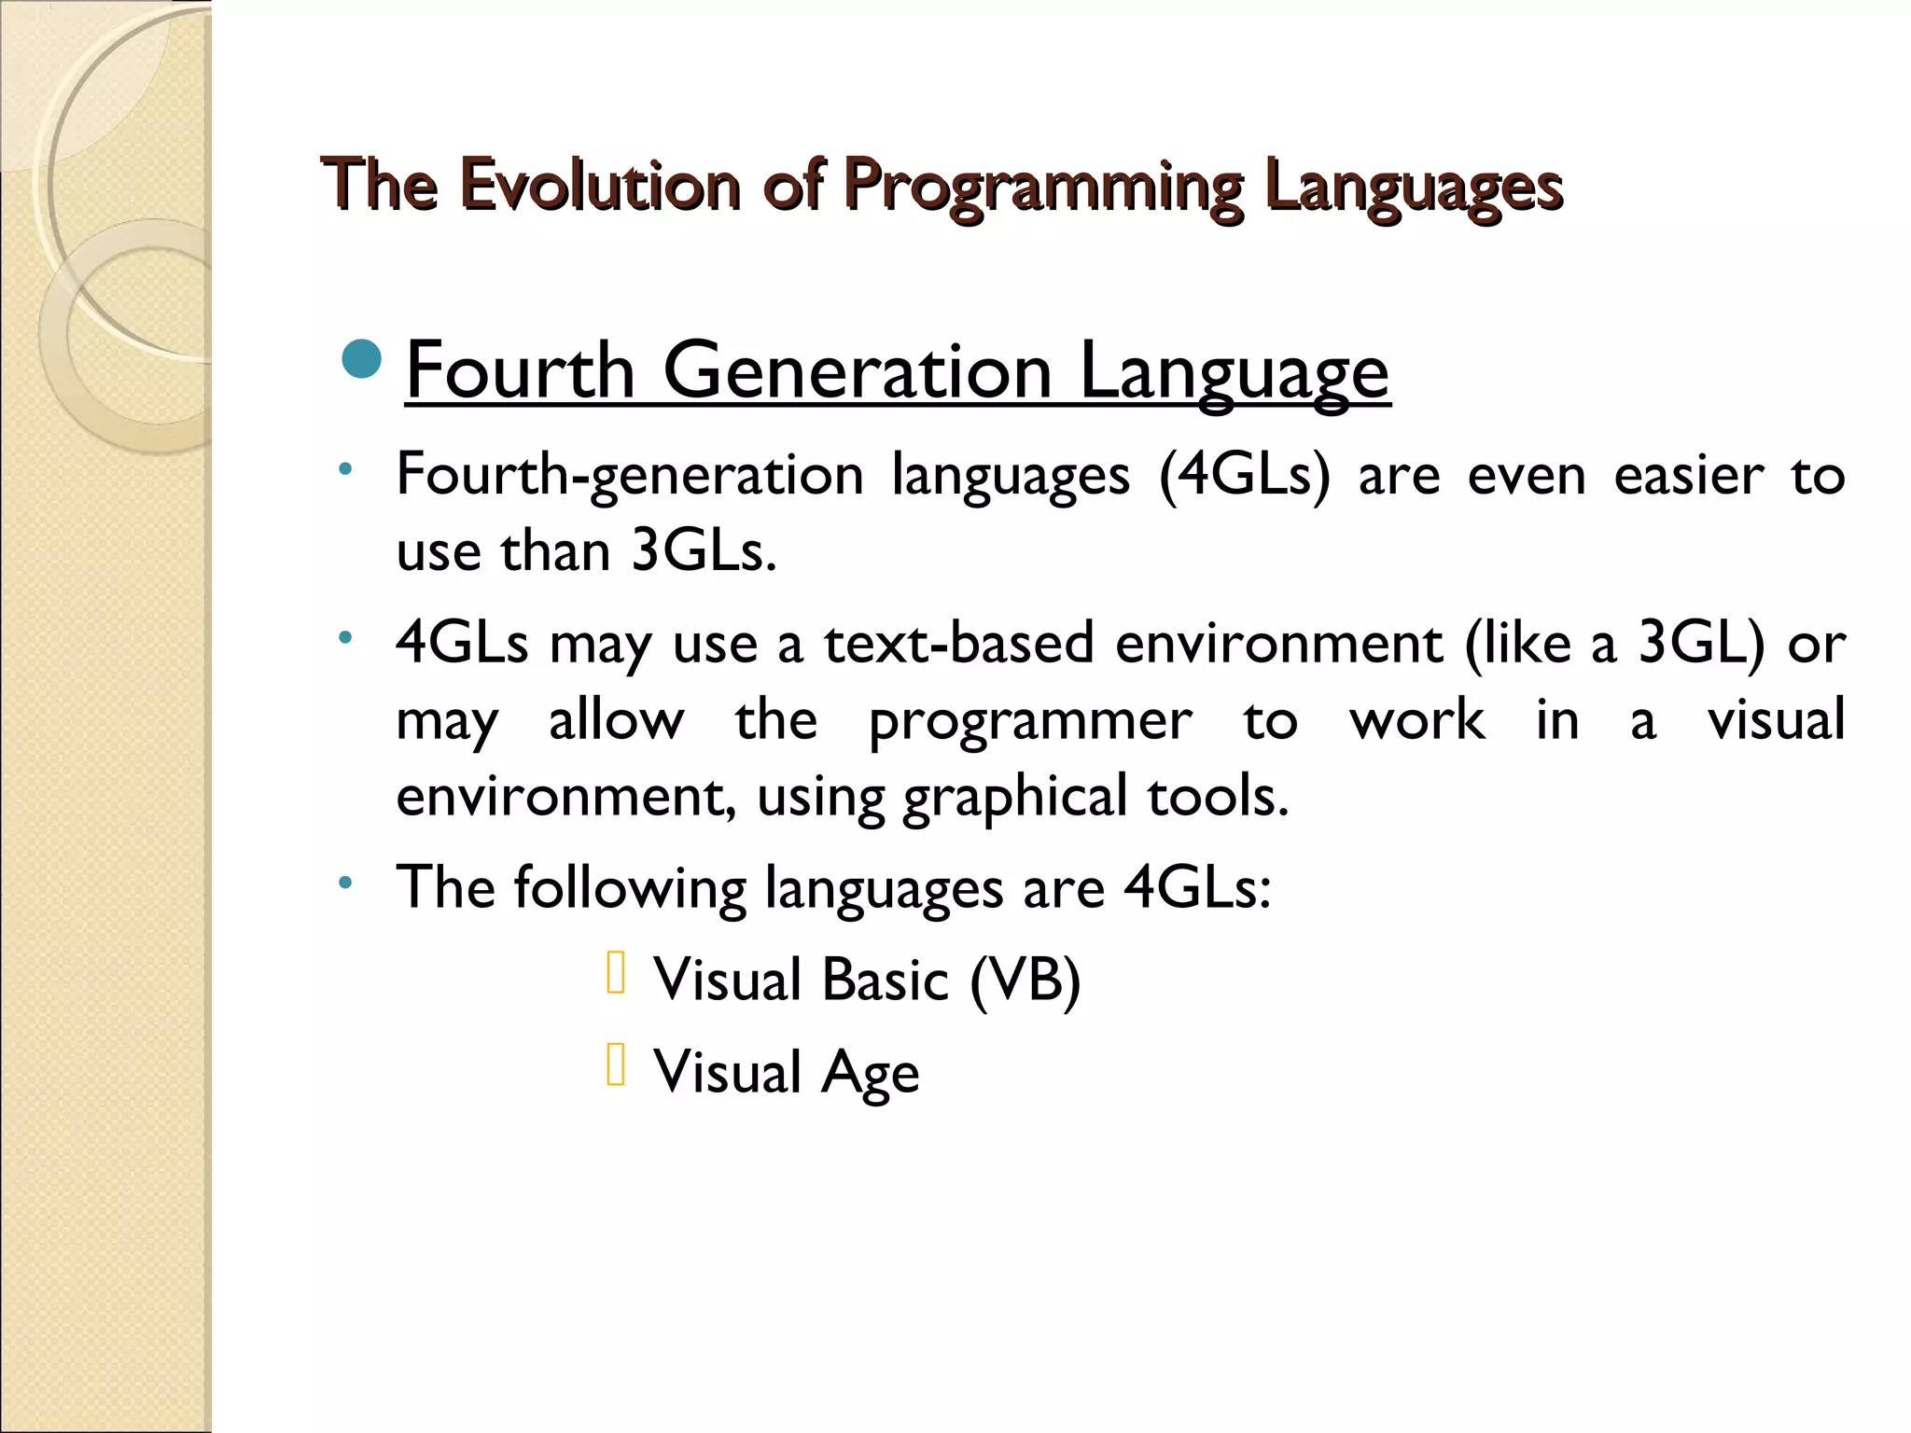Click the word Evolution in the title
(599, 184)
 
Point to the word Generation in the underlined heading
(858, 370)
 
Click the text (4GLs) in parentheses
(1244, 475)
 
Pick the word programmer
(1030, 720)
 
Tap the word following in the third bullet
(630, 886)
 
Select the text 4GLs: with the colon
(1197, 886)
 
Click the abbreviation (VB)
(1025, 980)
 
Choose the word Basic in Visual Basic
(886, 980)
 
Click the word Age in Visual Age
(870, 1072)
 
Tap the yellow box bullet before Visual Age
(615, 1064)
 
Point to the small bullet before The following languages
(345, 882)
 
